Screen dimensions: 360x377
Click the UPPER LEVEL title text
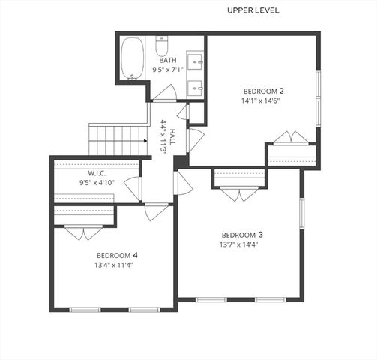pyautogui.click(x=253, y=10)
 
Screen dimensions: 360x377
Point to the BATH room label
pyautogui.click(x=168, y=61)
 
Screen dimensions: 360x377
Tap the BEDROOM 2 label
pyautogui.click(x=262, y=91)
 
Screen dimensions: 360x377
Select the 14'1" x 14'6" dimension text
pyautogui.click(x=262, y=101)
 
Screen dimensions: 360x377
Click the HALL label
pyautogui.click(x=172, y=136)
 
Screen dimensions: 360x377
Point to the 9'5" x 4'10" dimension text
pyautogui.click(x=97, y=182)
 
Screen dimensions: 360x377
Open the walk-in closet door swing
pyautogui.click(x=133, y=188)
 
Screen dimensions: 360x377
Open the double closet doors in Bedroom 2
pyautogui.click(x=290, y=138)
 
